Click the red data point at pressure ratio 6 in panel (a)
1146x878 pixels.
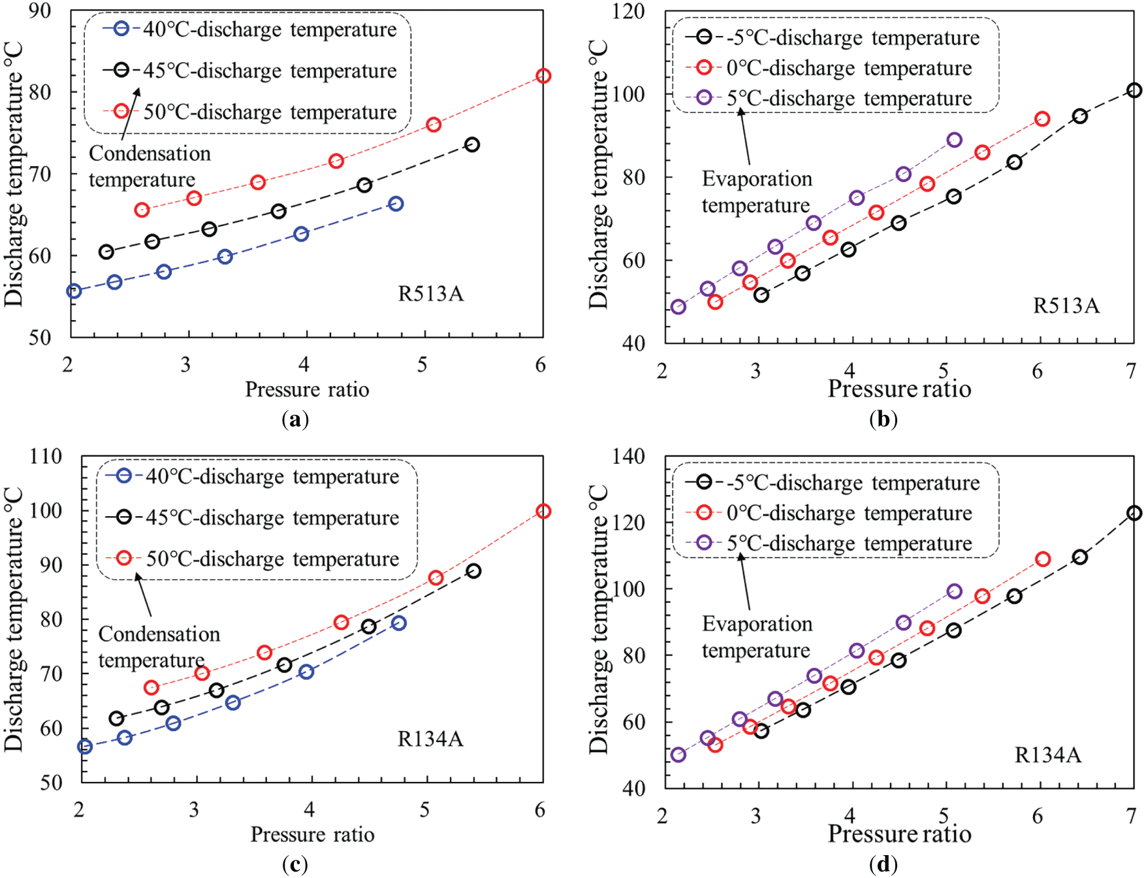tap(543, 76)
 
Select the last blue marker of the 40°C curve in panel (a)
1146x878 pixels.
tap(395, 204)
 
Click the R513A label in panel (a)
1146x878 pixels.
tap(431, 294)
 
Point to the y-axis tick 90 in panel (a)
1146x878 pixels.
tap(40, 12)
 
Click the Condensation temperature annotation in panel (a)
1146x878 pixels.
tap(150, 167)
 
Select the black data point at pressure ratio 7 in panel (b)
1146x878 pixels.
tap(1134, 90)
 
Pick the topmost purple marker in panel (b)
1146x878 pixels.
tap(954, 140)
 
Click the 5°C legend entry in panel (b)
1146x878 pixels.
tap(849, 99)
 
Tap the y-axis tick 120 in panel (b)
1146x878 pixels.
tap(629, 12)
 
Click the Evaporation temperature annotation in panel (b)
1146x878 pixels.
tap(757, 192)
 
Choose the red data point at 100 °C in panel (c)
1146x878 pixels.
tap(543, 511)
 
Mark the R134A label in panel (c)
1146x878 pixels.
tap(430, 739)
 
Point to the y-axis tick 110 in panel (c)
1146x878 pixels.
tap(46, 456)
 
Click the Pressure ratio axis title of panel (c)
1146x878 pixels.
tap(312, 834)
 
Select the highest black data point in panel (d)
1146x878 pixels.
tap(1134, 513)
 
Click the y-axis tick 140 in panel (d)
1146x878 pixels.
tap(629, 456)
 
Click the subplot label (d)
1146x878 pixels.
tap(883, 865)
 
